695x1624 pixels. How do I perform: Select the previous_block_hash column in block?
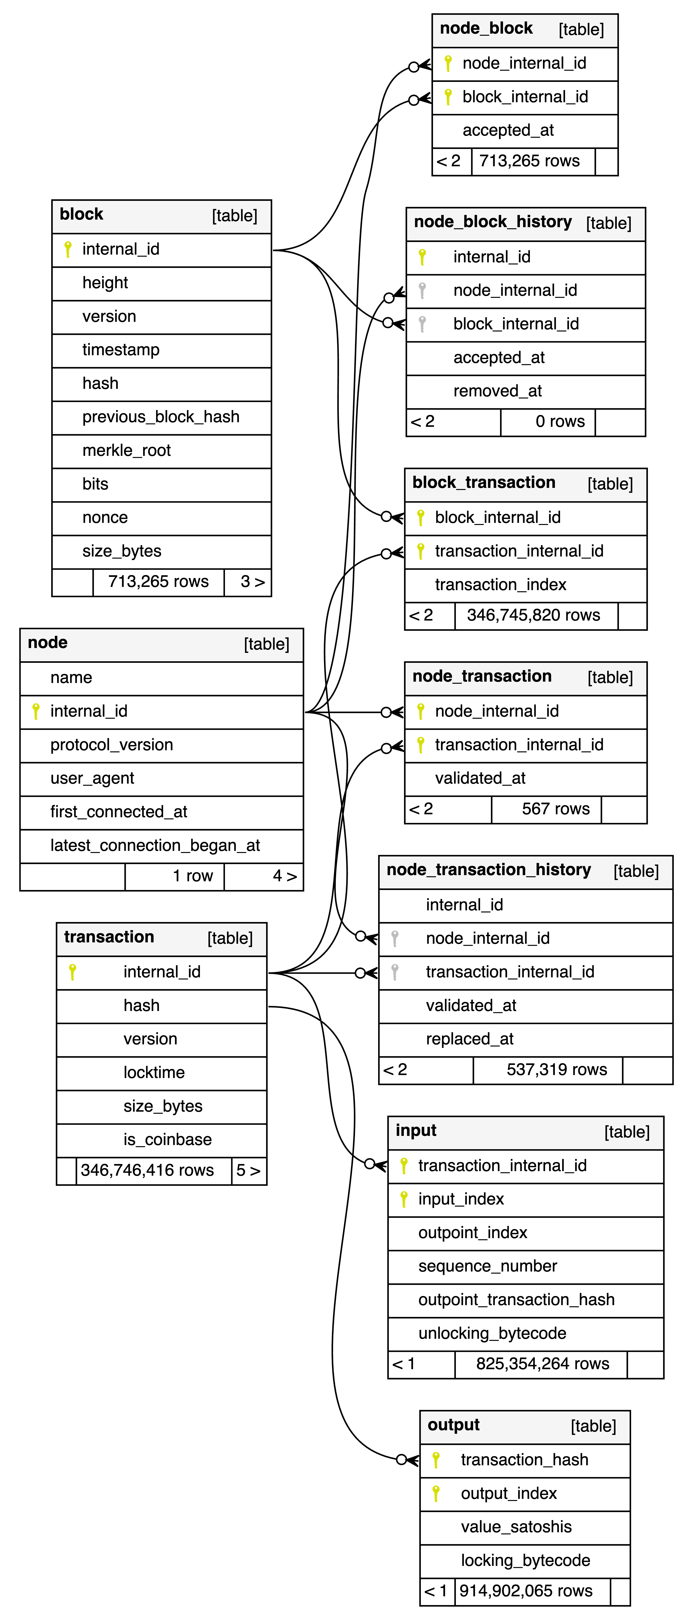click(x=161, y=417)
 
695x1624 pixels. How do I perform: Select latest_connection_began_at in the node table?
click(x=155, y=845)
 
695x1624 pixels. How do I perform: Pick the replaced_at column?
click(x=469, y=1039)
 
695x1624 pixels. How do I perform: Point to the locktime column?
click(x=154, y=1072)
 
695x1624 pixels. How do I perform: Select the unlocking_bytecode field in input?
click(x=492, y=1333)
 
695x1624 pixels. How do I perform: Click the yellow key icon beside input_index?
click(x=404, y=1199)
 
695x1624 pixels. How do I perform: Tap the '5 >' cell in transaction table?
click(x=248, y=1171)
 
